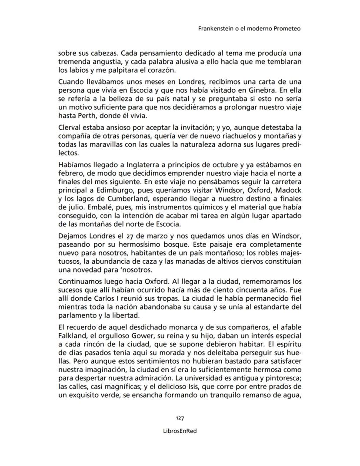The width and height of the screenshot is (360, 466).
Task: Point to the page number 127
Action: [180, 418]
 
